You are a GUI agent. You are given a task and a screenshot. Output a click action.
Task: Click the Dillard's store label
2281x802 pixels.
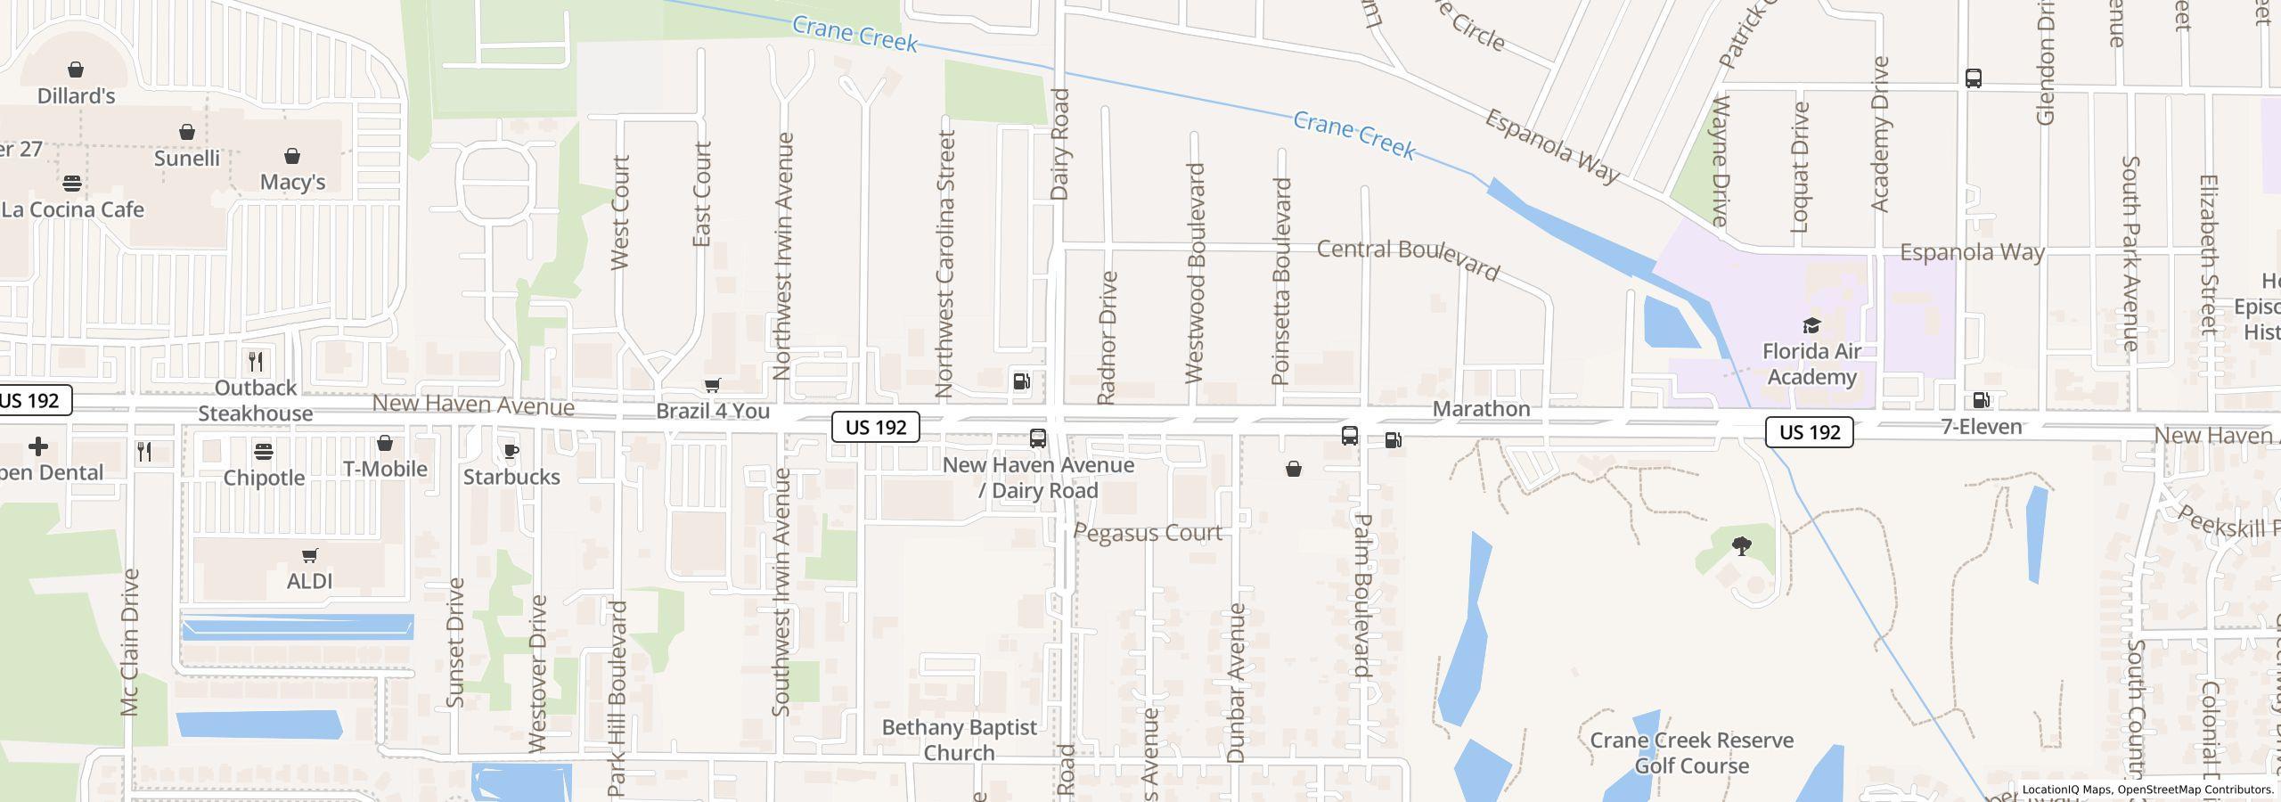pos(77,95)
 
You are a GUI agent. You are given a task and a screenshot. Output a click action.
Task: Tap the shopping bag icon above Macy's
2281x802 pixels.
pos(292,157)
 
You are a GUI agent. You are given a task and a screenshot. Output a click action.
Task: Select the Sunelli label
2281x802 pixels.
pos(187,158)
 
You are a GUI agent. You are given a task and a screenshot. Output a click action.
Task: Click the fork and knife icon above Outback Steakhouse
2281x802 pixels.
pos(256,361)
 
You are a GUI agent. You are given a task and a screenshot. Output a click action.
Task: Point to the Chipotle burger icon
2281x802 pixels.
pos(264,452)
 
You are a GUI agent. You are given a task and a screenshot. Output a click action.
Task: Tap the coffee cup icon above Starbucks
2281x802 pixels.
pos(511,451)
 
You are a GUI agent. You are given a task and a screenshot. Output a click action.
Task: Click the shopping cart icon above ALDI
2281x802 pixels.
pos(310,556)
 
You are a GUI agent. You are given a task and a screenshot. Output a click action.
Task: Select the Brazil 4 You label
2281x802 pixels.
pos(713,411)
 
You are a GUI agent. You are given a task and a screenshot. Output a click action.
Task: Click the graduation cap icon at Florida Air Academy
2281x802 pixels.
pos(1811,324)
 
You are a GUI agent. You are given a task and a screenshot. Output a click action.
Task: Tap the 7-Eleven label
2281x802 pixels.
pos(1982,427)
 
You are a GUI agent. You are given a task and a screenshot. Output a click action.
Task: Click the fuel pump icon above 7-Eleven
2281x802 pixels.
pos(1982,400)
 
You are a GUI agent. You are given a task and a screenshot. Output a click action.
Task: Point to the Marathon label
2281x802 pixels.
pos(1482,409)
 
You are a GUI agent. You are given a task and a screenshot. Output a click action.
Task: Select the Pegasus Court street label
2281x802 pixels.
pos(1148,533)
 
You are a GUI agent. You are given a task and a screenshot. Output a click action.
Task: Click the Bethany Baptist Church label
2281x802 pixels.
pos(960,740)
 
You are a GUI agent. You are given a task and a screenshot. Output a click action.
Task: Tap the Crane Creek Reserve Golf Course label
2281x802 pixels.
pos(1691,753)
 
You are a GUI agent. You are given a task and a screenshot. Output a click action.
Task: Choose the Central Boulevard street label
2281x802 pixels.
pos(1409,258)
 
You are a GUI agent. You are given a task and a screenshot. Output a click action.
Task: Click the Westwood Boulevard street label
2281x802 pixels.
pos(1196,273)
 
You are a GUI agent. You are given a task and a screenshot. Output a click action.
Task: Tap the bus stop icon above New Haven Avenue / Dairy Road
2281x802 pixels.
pos(1038,438)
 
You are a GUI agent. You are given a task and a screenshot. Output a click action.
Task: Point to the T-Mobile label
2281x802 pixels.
pos(385,469)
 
